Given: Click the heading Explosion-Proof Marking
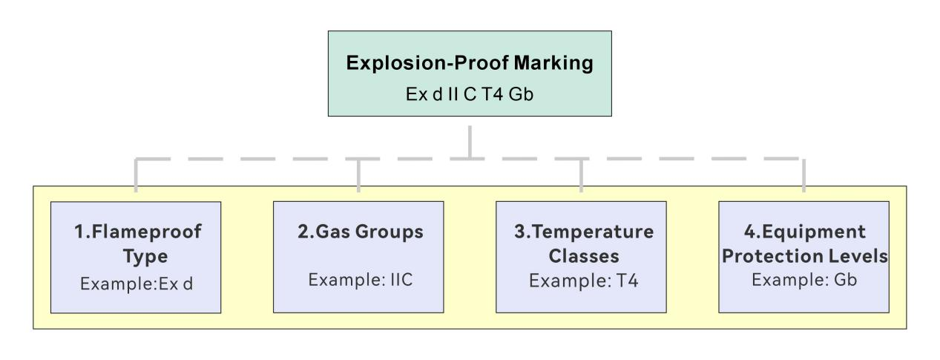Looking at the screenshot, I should pos(470,63).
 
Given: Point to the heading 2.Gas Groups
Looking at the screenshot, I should pos(358,232).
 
